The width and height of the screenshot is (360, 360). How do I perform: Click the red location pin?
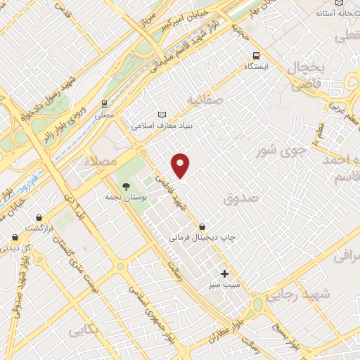click(x=181, y=165)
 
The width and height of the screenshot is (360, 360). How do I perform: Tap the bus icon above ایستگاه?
click(x=255, y=55)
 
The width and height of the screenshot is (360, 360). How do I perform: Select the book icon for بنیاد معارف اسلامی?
click(x=163, y=115)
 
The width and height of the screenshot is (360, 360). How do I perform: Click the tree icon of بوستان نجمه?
click(x=125, y=187)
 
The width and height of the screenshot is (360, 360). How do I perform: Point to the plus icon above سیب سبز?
click(x=225, y=274)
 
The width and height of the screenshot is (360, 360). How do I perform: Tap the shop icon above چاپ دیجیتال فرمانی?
click(x=202, y=226)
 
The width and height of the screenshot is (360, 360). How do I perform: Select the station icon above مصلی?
click(x=104, y=103)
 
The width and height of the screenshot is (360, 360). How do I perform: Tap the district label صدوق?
click(x=241, y=198)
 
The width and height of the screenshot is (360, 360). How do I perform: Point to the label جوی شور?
click(x=281, y=149)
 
